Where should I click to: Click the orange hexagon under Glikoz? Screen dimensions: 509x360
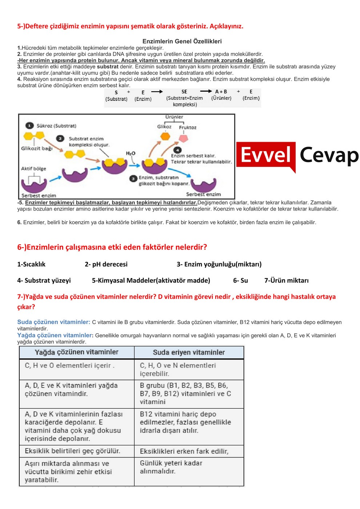click(x=165, y=136)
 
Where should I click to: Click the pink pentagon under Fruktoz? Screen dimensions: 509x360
click(x=183, y=138)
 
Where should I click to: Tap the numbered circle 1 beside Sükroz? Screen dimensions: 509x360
click(x=29, y=126)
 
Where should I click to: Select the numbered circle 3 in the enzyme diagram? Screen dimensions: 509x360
click(x=133, y=178)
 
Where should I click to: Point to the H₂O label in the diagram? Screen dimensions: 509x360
click(x=131, y=153)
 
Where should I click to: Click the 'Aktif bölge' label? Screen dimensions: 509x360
click(x=33, y=169)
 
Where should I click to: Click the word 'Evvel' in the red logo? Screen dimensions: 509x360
click(x=266, y=155)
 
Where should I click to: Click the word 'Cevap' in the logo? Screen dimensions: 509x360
click(x=329, y=156)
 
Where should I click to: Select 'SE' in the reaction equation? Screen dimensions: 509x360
click(x=184, y=92)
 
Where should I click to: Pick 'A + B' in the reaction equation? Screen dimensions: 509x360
click(x=221, y=92)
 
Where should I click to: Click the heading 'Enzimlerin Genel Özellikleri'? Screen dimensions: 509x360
click(x=182, y=41)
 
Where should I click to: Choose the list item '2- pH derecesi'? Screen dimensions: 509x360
click(x=106, y=264)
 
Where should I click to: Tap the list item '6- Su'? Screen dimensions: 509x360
click(x=240, y=280)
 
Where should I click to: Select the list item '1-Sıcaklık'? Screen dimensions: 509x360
click(x=31, y=264)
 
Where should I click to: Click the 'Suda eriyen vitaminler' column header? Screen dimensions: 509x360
click(x=189, y=352)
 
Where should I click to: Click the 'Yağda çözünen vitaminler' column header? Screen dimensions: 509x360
click(x=76, y=352)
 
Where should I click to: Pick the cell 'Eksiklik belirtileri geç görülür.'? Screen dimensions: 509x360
click(x=72, y=451)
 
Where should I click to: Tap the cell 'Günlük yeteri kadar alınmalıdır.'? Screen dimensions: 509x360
click(x=171, y=467)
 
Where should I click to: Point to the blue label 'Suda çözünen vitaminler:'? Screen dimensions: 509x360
click(x=53, y=322)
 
